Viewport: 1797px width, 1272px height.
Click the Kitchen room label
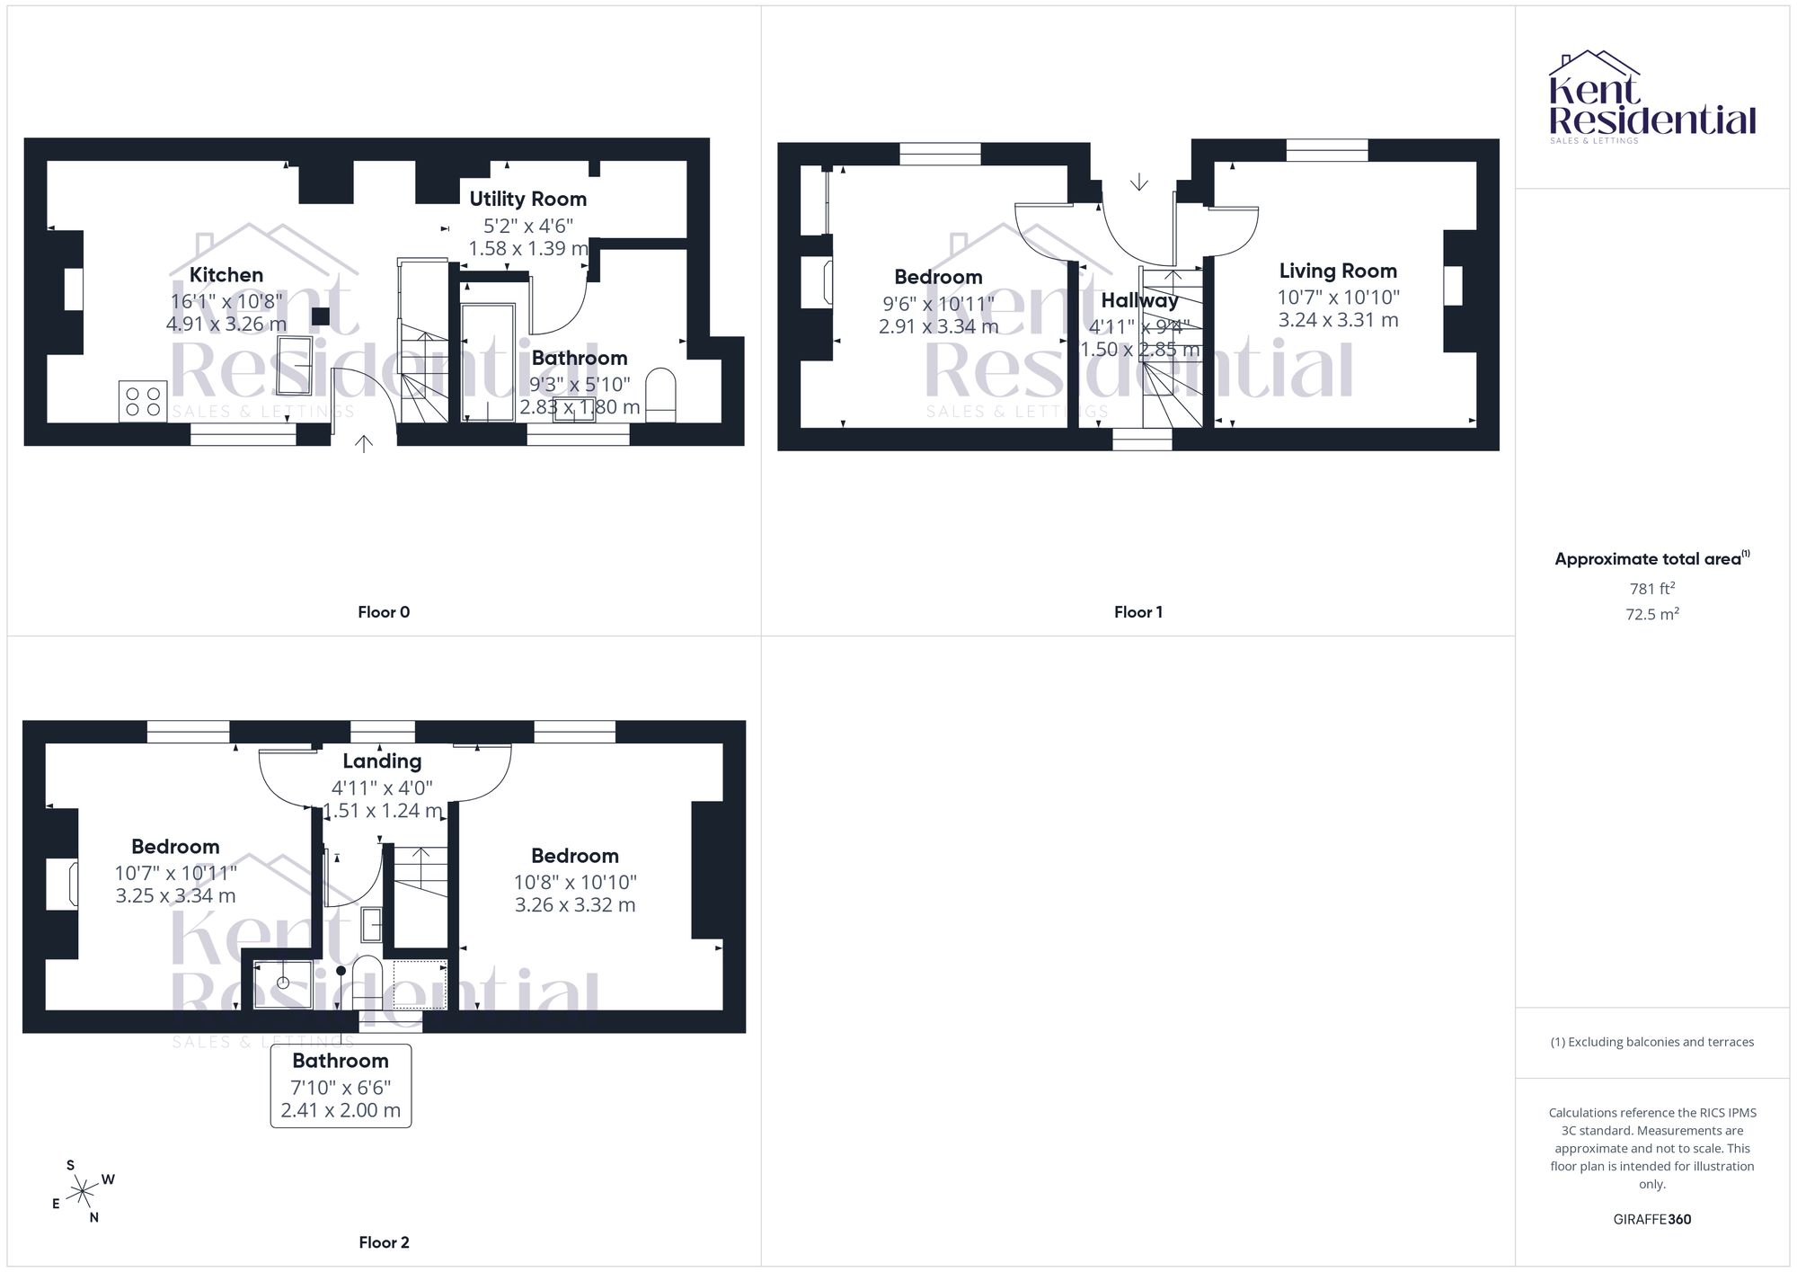click(x=226, y=275)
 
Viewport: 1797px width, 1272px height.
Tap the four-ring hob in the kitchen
click(x=143, y=401)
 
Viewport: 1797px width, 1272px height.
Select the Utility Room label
click(x=528, y=199)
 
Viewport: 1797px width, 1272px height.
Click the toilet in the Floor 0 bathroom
click(x=661, y=395)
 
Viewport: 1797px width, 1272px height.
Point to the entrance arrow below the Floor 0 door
click(x=364, y=444)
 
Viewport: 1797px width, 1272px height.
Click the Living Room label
click(x=1338, y=271)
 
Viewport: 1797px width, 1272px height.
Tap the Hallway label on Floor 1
click(x=1139, y=300)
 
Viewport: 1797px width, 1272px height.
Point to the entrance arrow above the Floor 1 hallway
click(x=1138, y=182)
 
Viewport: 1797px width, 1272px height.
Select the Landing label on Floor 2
click(x=382, y=761)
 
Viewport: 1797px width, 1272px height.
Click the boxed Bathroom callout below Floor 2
click(x=341, y=1085)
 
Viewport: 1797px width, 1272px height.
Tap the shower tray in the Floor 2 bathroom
click(x=283, y=984)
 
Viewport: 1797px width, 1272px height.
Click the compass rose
click(x=84, y=1192)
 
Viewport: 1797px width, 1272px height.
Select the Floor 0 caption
click(x=384, y=612)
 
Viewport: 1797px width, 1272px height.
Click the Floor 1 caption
click(x=1138, y=612)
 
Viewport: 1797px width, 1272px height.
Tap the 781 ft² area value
click(x=1652, y=589)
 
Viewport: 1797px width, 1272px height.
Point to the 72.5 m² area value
click(x=1652, y=614)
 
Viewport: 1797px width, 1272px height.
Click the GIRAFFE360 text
click(x=1652, y=1219)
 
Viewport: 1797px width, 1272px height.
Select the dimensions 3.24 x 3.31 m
click(x=1338, y=320)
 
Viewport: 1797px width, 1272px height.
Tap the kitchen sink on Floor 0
click(x=295, y=364)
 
